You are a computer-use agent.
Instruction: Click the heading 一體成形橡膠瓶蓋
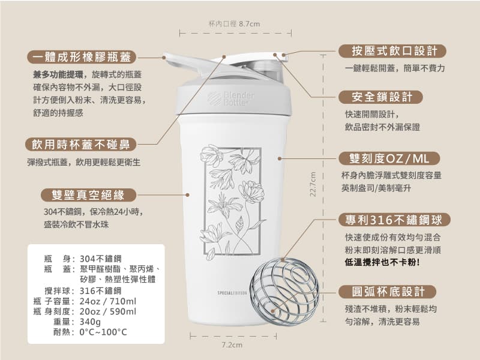pos(82,58)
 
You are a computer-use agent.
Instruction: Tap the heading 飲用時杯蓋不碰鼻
pos(81,145)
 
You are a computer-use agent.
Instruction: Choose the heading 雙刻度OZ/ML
pos(385,158)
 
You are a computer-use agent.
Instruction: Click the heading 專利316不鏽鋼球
pos(389,218)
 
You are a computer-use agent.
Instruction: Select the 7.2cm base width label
pos(232,345)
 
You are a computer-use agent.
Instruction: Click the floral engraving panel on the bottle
pos(232,203)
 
